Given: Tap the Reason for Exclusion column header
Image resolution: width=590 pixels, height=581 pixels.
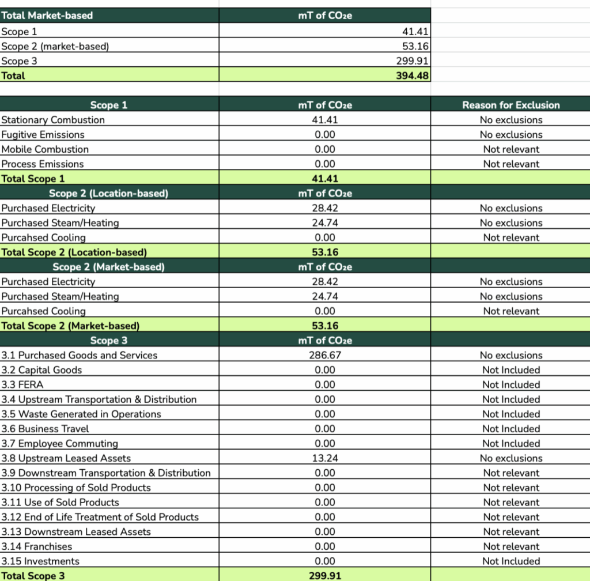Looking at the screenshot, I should tap(510, 105).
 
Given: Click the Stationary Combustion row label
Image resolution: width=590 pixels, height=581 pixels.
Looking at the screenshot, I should tap(53, 120).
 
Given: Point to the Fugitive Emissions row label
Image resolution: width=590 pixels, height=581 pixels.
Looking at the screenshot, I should tap(43, 134).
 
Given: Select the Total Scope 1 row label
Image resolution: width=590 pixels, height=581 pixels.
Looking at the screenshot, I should tap(33, 179).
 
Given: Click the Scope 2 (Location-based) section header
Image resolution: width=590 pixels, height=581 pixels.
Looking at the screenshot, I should tap(108, 193).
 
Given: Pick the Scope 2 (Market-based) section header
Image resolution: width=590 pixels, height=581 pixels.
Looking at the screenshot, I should tap(108, 267).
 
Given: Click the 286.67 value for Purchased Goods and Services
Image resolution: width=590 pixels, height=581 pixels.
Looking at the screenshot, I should tap(325, 355).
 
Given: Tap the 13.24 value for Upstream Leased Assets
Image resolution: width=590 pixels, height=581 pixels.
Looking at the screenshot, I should tap(325, 458).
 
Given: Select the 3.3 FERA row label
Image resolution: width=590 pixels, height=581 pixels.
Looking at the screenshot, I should tap(22, 384).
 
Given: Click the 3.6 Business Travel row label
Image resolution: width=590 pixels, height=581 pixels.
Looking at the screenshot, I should tap(45, 429).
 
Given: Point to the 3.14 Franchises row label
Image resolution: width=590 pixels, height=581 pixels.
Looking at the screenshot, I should tap(37, 546).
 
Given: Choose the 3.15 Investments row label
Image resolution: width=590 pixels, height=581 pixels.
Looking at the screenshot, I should tap(40, 561).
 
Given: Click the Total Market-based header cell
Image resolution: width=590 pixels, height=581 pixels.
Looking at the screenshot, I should tap(47, 16).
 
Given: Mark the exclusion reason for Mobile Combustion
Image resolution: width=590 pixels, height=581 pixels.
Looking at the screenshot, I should tap(511, 149).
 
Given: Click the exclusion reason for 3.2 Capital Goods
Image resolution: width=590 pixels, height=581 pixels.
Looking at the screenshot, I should tap(511, 370).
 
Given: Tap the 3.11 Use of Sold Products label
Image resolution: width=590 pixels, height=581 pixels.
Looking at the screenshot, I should tap(60, 502).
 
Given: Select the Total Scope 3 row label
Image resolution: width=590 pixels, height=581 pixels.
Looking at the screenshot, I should tap(33, 575).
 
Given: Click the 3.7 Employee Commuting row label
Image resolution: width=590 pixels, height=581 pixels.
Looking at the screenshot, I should tap(60, 443).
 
